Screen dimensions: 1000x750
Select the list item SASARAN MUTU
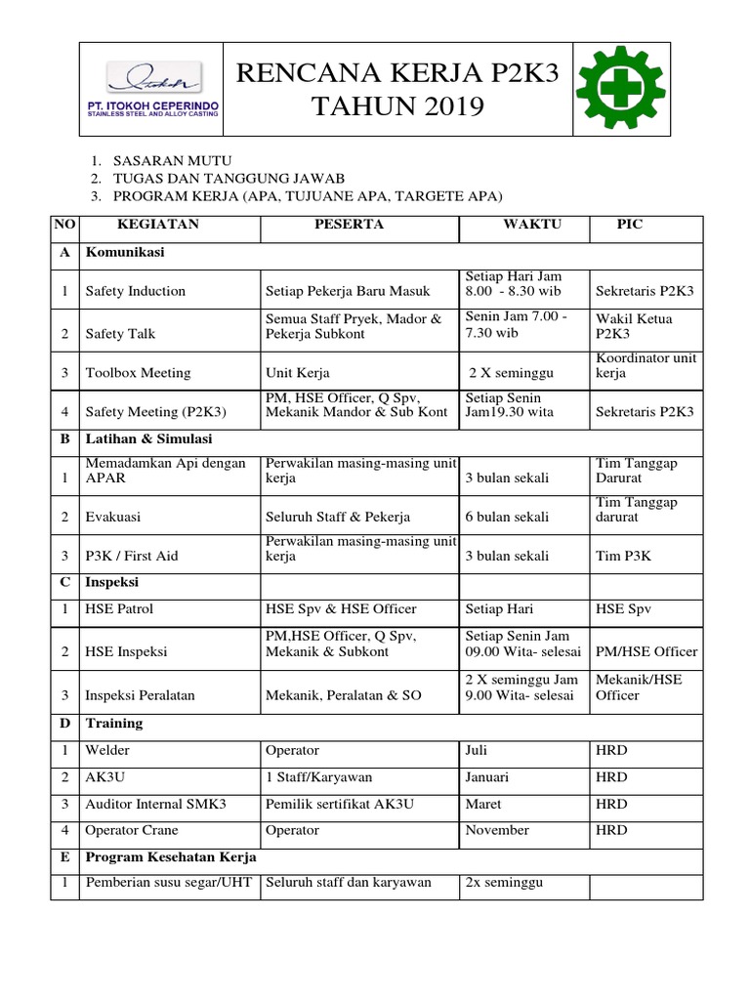(173, 161)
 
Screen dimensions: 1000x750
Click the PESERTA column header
(349, 225)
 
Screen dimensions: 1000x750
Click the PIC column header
(630, 225)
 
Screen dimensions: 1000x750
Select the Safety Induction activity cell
(136, 291)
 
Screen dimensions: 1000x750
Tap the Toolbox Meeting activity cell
(138, 373)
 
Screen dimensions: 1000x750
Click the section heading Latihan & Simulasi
(149, 439)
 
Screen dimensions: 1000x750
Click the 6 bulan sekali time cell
(507, 517)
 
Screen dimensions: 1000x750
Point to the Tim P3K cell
(624, 556)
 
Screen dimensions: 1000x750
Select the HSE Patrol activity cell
(120, 608)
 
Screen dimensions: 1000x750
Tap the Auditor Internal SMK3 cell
(156, 804)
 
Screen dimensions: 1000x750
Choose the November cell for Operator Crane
(497, 830)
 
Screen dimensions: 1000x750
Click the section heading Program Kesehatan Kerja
(171, 857)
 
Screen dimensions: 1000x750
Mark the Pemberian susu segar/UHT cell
(169, 883)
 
